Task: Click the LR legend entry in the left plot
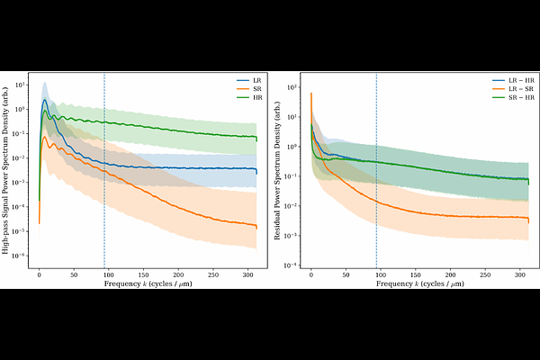tap(249, 78)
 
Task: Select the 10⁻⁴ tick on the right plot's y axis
tap(292, 265)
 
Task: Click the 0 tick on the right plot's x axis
tap(311, 276)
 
